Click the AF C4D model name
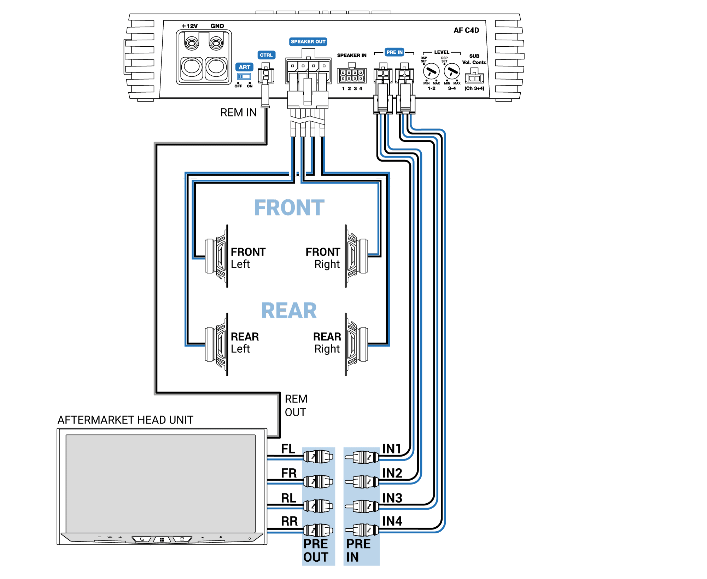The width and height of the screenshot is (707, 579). pos(466,30)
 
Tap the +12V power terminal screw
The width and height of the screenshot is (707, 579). pos(192,44)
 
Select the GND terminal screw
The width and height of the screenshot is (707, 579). pos(216,44)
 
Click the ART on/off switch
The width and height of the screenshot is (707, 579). pos(244,76)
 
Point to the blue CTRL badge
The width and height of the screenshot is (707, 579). pos(266,55)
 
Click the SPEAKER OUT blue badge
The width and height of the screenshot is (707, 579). pos(308,42)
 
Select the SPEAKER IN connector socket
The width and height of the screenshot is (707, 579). pos(351,75)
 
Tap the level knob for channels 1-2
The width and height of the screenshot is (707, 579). pos(431,72)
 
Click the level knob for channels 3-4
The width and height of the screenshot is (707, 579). pos(451,72)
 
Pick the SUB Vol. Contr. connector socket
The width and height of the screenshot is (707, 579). pos(474,77)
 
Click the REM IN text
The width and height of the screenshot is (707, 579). pos(238,112)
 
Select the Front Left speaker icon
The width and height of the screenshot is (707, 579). pos(216,256)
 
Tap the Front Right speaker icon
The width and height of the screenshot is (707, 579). pos(356,256)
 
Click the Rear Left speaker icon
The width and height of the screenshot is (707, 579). pos(216,344)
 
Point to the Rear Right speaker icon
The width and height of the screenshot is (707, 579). pos(356,344)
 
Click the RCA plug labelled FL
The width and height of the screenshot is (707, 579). pos(318,457)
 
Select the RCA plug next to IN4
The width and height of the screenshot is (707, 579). pos(362,530)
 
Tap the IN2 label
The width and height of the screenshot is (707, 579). pos(392,473)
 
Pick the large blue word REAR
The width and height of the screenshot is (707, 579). pos(289,311)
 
